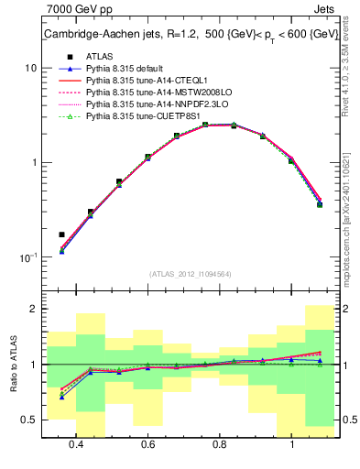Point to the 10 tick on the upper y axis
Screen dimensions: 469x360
click(x=31, y=68)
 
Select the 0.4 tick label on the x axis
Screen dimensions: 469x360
click(x=76, y=445)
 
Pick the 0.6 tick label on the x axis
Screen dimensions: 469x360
click(x=147, y=445)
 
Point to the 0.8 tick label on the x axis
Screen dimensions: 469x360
click(x=219, y=445)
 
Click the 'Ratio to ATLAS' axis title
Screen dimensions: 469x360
click(x=12, y=365)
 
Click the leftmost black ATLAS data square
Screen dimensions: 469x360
click(x=61, y=234)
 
